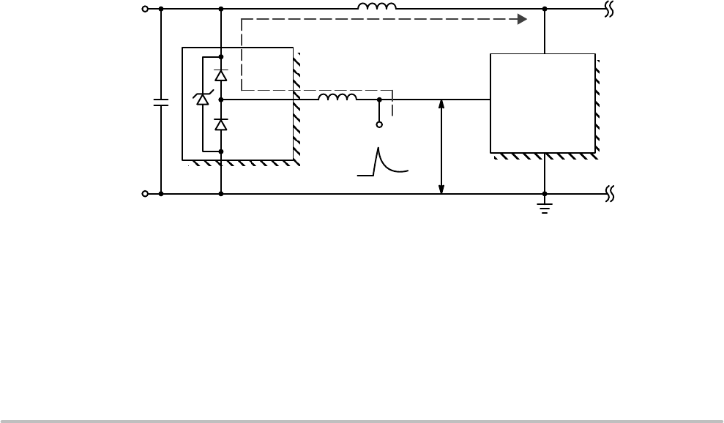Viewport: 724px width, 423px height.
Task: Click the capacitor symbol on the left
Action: pos(160,102)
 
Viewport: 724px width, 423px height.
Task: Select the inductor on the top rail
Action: pos(377,7)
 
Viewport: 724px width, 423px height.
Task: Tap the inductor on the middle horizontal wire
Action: pos(337,97)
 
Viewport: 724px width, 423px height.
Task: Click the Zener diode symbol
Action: pos(202,100)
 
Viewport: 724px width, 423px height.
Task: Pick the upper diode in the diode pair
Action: pos(221,75)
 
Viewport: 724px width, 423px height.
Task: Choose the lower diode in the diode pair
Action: pos(221,124)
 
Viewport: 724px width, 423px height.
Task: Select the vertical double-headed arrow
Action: pos(441,146)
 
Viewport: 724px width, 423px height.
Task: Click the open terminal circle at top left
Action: pos(144,10)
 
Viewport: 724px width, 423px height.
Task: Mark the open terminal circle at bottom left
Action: pos(144,194)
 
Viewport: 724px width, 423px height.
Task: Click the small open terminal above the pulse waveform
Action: pos(379,125)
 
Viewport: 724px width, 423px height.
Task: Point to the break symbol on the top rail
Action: pos(610,10)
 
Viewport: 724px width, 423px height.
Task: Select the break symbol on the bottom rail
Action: pos(610,194)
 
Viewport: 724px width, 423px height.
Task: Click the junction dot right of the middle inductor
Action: pos(379,99)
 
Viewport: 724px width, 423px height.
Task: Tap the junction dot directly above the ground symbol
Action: pos(544,194)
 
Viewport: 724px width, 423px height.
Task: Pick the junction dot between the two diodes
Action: pos(221,99)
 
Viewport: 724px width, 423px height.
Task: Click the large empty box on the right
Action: pos(542,102)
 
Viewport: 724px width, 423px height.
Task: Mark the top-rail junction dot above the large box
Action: pos(544,10)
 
